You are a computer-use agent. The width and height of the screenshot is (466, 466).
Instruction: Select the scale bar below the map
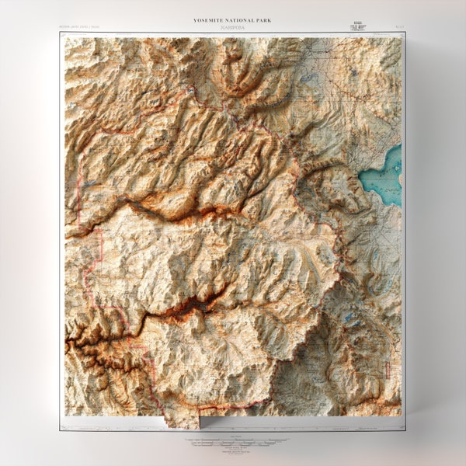click(233, 440)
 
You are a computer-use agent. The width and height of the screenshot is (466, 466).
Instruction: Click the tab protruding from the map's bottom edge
click(181, 421)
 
